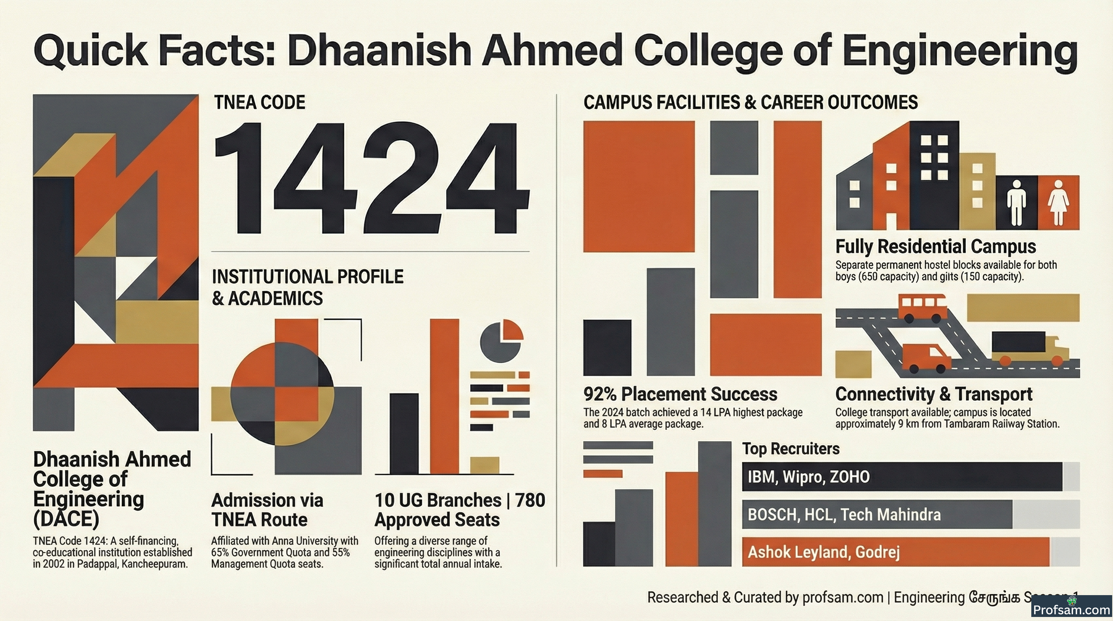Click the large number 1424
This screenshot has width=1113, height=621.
(x=372, y=177)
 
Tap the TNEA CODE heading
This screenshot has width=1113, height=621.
(x=260, y=102)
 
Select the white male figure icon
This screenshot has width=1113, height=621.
(x=1016, y=203)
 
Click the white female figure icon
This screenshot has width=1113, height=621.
(x=1058, y=203)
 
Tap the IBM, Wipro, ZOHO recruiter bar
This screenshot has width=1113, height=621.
(x=902, y=477)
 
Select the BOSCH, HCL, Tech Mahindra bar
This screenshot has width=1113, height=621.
(x=877, y=514)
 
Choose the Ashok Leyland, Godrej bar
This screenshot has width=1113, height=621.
(x=896, y=552)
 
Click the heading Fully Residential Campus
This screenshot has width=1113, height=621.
(x=936, y=247)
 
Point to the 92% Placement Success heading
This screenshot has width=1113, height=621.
(x=680, y=394)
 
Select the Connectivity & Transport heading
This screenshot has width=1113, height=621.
(x=934, y=394)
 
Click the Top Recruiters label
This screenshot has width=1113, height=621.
(x=791, y=449)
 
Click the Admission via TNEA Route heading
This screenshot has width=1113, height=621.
(x=267, y=510)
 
